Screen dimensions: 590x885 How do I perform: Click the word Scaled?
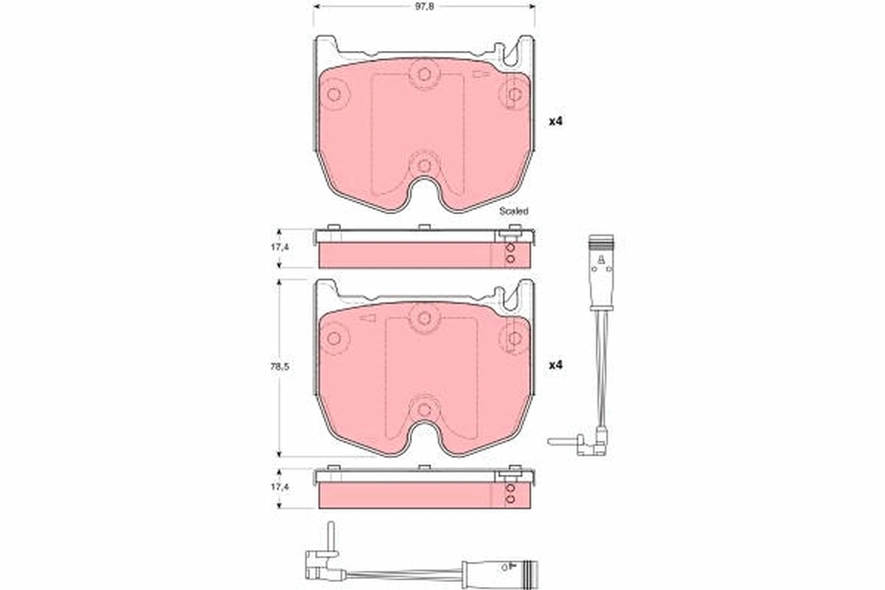click(513, 211)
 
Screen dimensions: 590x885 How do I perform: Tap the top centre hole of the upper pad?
click(423, 74)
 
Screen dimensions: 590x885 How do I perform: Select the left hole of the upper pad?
click(333, 94)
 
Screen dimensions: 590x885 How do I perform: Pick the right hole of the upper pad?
click(514, 94)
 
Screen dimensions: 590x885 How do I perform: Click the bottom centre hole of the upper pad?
click(423, 164)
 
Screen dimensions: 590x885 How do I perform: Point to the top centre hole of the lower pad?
click(423, 318)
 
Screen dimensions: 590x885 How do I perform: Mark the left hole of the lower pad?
click(333, 339)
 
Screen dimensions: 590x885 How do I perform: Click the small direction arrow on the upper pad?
click(482, 74)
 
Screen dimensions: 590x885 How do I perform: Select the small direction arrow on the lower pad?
click(367, 319)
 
